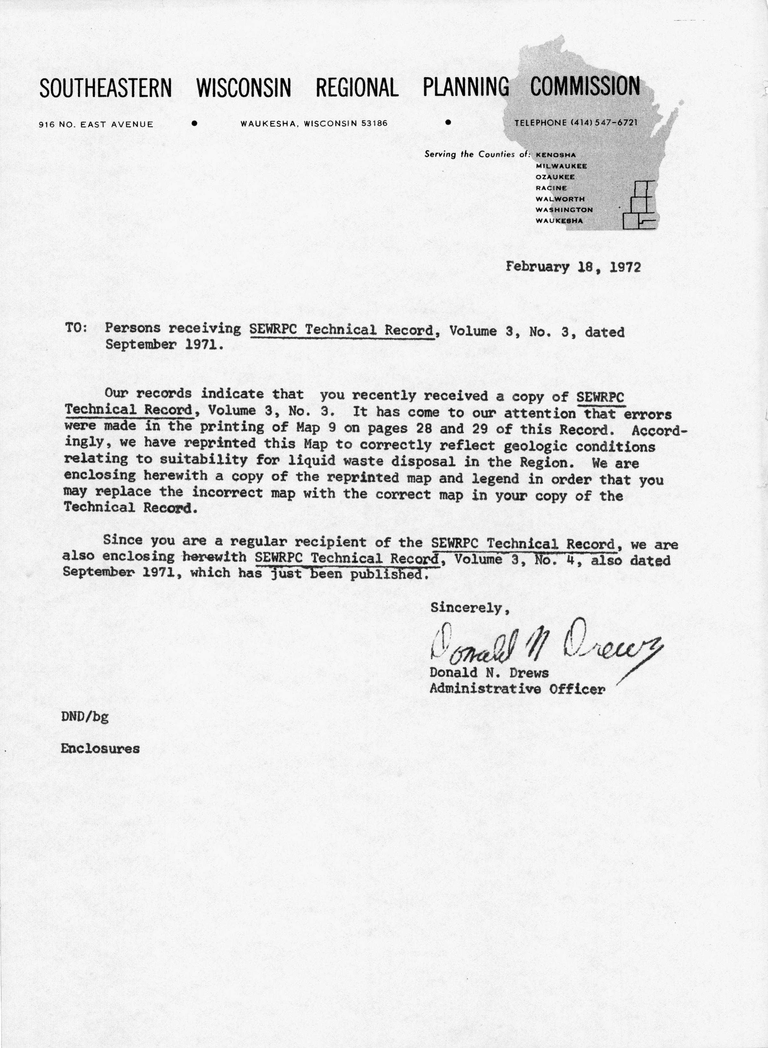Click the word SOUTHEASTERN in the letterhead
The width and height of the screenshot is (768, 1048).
(x=106, y=87)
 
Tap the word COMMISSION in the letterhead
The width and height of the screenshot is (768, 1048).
(x=585, y=86)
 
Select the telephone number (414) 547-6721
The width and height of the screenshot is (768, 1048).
(x=603, y=123)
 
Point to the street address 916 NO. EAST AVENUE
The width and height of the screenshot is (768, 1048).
(x=97, y=124)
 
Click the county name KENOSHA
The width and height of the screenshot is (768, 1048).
(x=556, y=155)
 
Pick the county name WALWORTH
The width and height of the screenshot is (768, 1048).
(x=560, y=199)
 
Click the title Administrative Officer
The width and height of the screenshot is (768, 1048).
(x=517, y=689)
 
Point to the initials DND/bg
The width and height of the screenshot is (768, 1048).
(x=85, y=716)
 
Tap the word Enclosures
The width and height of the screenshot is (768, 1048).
(x=100, y=749)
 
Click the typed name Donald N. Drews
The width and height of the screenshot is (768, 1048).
(x=489, y=673)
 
